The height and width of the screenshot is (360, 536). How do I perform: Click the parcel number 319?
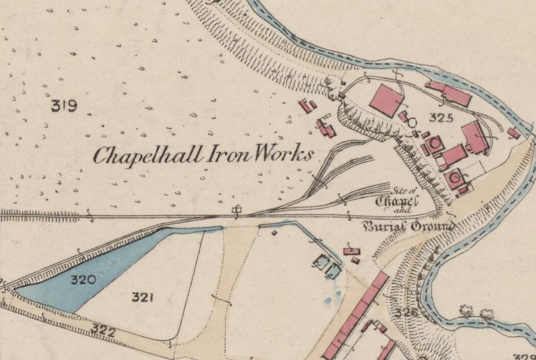64,105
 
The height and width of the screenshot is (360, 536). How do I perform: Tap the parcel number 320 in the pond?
82,279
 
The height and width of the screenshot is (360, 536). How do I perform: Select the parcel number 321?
144,297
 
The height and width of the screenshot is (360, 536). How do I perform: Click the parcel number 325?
441,118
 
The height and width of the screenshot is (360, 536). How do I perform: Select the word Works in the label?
282,155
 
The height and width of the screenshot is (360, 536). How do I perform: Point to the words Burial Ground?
408,227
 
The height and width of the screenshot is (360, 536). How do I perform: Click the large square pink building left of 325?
386,100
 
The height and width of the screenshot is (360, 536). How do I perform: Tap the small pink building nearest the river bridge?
513,133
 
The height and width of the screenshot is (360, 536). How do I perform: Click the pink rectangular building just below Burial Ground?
351,251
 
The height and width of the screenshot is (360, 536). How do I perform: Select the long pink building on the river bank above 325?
449,93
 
